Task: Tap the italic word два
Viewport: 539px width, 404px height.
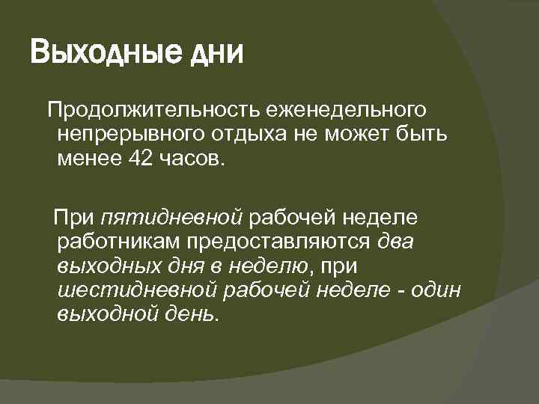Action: [x=397, y=241]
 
